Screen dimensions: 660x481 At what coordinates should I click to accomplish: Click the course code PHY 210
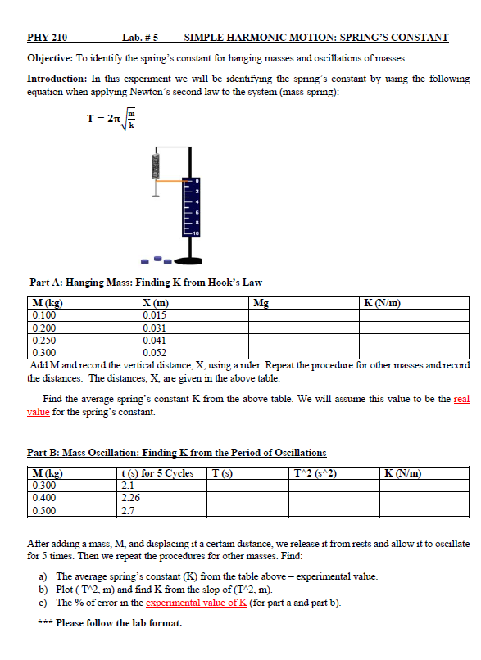(48, 37)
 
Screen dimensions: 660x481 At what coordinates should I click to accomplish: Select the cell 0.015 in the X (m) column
(155, 314)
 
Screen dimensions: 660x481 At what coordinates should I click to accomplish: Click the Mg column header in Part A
(261, 303)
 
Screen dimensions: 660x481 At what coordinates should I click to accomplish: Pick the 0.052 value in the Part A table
(155, 352)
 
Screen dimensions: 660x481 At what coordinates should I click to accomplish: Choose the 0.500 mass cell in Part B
(44, 509)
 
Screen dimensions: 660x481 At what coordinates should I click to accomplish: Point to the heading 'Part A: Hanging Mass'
(145, 283)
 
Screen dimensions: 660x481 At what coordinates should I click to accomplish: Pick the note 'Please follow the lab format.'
(118, 622)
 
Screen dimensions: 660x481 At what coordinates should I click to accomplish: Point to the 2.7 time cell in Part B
(128, 509)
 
